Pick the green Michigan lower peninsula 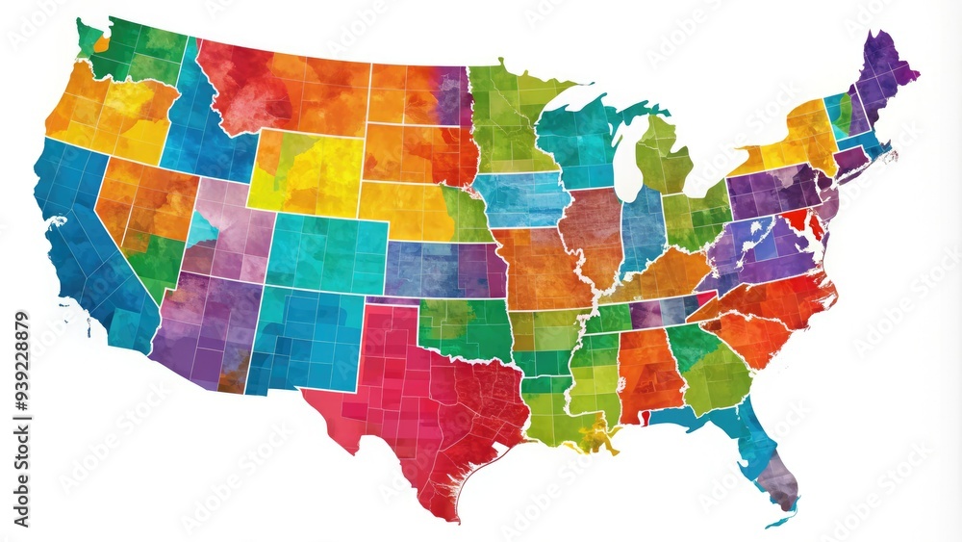pos(664,154)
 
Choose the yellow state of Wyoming pos(306,173)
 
